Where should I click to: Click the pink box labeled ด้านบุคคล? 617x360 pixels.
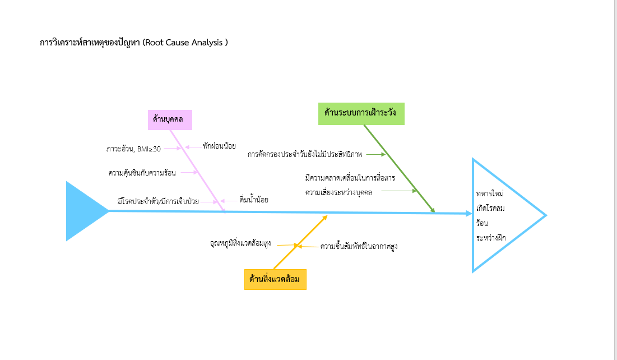pos(170,119)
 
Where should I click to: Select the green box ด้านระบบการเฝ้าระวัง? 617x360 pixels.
pos(361,113)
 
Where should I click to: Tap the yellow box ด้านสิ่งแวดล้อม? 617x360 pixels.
pos(275,279)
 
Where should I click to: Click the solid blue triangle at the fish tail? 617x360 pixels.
pos(84,211)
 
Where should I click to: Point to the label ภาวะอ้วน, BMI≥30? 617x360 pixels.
pos(133,149)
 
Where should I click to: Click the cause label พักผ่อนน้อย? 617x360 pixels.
pos(219,146)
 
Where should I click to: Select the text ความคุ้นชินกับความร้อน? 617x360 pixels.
pos(142,173)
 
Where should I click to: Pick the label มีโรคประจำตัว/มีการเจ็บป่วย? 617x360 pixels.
pos(158,201)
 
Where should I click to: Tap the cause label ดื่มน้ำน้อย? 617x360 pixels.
pos(253,199)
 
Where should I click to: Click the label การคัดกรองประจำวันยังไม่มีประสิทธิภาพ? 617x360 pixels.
pos(305,154)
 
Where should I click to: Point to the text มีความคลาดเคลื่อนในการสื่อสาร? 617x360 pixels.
pos(350,178)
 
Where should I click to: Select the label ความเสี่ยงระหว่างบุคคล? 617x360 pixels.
pos(338,192)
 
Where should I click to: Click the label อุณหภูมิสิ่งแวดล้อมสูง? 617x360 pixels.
pos(240,243)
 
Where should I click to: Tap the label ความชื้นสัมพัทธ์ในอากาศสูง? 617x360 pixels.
pos(359,246)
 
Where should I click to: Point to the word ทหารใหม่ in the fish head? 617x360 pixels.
pos(490,193)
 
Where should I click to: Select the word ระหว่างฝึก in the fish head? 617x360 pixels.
pos(491,238)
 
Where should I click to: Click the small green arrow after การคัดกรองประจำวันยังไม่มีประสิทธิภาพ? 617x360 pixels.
pos(376,154)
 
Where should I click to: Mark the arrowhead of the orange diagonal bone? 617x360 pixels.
pos(325,217)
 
